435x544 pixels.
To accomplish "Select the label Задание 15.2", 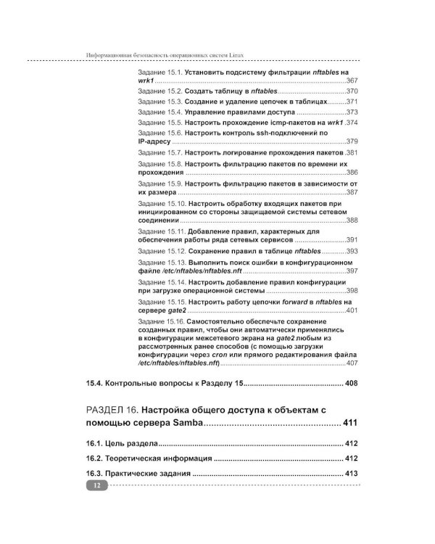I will coord(159,92).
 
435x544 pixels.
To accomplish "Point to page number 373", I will coord(352,112).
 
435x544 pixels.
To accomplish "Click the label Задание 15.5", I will coord(159,123).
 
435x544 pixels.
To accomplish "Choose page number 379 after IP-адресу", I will coord(352,142).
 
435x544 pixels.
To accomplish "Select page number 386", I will coord(352,173).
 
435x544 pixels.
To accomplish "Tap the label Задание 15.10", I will coord(162,205).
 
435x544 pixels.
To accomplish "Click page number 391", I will coord(352,239).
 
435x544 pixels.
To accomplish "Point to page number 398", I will coord(352,290).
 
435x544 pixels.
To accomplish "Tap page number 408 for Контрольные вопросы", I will coord(350,383).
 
